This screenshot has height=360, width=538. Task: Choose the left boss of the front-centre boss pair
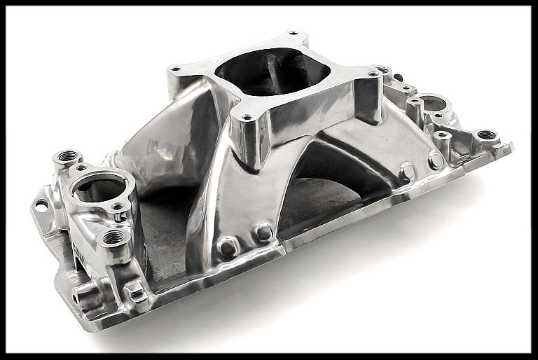click(228, 245)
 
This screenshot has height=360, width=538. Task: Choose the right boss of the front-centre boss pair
click(263, 232)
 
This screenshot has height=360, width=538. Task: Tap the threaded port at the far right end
click(485, 135)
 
